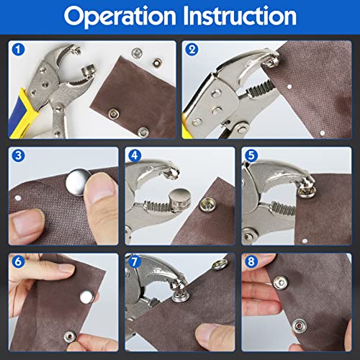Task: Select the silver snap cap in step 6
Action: tap(86, 296)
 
